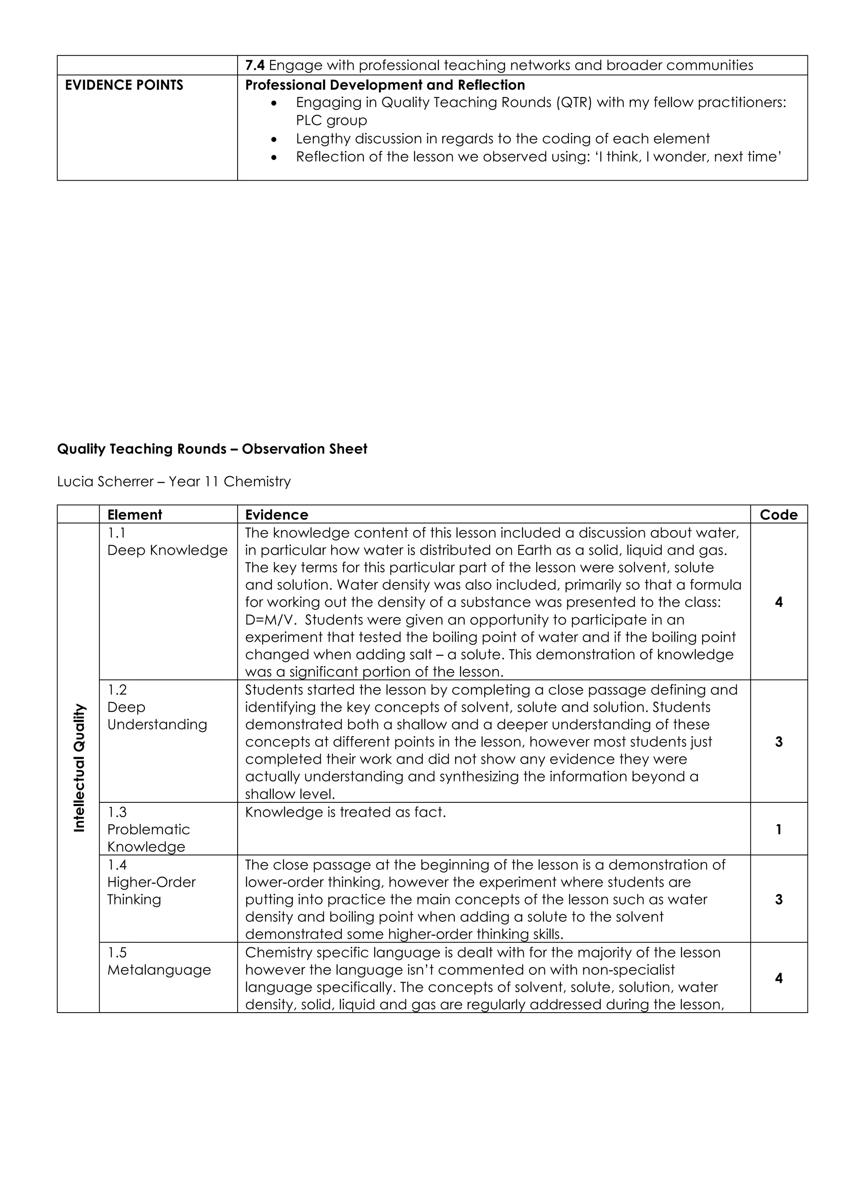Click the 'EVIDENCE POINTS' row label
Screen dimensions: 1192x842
(x=124, y=85)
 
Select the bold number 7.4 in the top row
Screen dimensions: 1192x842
(x=255, y=65)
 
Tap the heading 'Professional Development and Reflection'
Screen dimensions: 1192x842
(x=384, y=85)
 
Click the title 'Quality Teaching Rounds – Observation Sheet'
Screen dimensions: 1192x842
(x=212, y=449)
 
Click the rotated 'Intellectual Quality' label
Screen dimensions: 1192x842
(x=79, y=768)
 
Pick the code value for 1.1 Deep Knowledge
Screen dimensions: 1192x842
(x=778, y=602)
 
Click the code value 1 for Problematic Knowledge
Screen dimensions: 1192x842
(x=778, y=830)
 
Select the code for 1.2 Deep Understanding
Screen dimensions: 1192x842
(x=778, y=742)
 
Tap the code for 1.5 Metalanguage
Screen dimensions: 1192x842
(x=778, y=978)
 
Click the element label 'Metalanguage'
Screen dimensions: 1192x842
(x=159, y=970)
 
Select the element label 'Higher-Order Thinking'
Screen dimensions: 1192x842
(x=151, y=891)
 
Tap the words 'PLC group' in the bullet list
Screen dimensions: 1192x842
(x=331, y=121)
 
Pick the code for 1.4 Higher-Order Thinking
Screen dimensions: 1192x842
(x=778, y=900)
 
